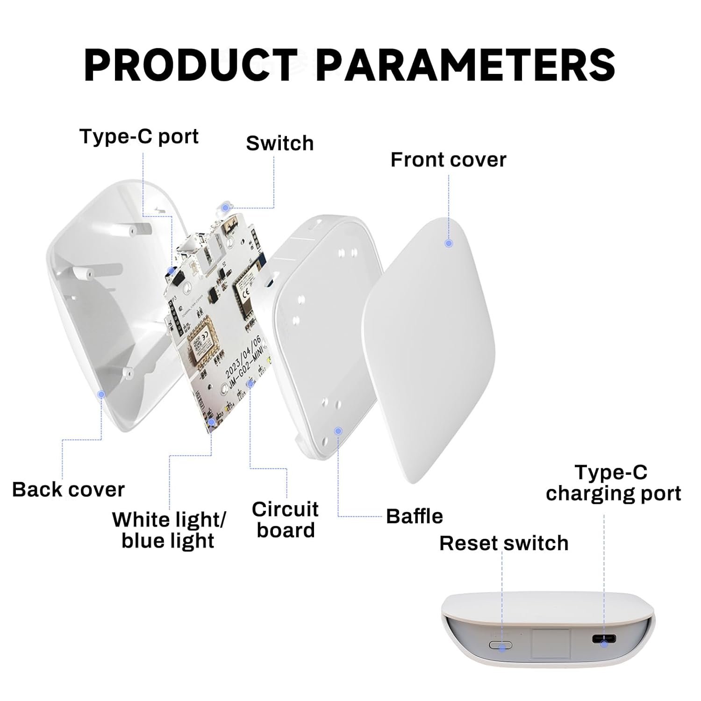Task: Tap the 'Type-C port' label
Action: pos(139,136)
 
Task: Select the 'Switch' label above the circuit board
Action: pos(279,143)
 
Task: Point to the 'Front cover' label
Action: pos(448,160)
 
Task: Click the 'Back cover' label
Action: pos(68,490)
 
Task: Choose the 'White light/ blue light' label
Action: pos(169,530)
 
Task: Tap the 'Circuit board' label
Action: pos(285,520)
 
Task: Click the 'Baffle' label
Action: pos(415,516)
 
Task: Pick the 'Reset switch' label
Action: pos(504,543)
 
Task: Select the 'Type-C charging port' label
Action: pos(613,483)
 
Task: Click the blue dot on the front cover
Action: pos(449,243)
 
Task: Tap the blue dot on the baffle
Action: pos(338,430)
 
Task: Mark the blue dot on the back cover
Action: pos(101,394)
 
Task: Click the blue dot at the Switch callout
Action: pos(226,207)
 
